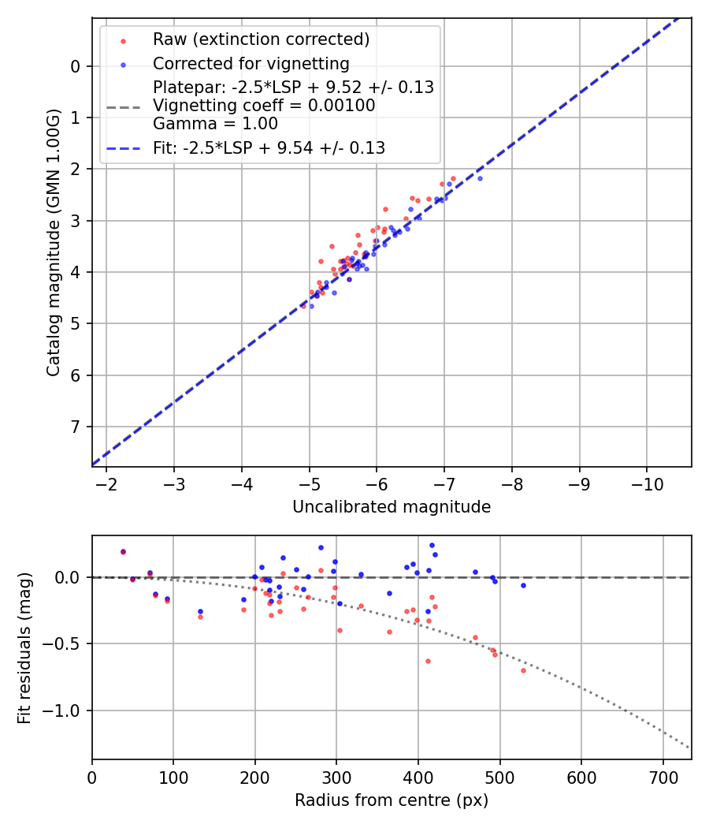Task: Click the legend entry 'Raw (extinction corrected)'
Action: (x=261, y=39)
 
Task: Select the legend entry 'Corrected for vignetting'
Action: (x=251, y=64)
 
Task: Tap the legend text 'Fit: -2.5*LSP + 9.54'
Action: (x=269, y=147)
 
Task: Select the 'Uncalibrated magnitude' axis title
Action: (x=392, y=507)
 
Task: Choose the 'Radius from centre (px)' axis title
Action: (x=392, y=800)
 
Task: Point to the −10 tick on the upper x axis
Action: (x=647, y=483)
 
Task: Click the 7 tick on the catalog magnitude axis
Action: (x=75, y=427)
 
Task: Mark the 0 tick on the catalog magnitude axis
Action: (x=75, y=66)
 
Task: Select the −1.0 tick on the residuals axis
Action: (x=65, y=711)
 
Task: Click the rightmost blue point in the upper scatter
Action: (x=480, y=178)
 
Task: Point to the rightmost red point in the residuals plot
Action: (x=523, y=670)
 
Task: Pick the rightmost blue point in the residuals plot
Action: (x=523, y=585)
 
